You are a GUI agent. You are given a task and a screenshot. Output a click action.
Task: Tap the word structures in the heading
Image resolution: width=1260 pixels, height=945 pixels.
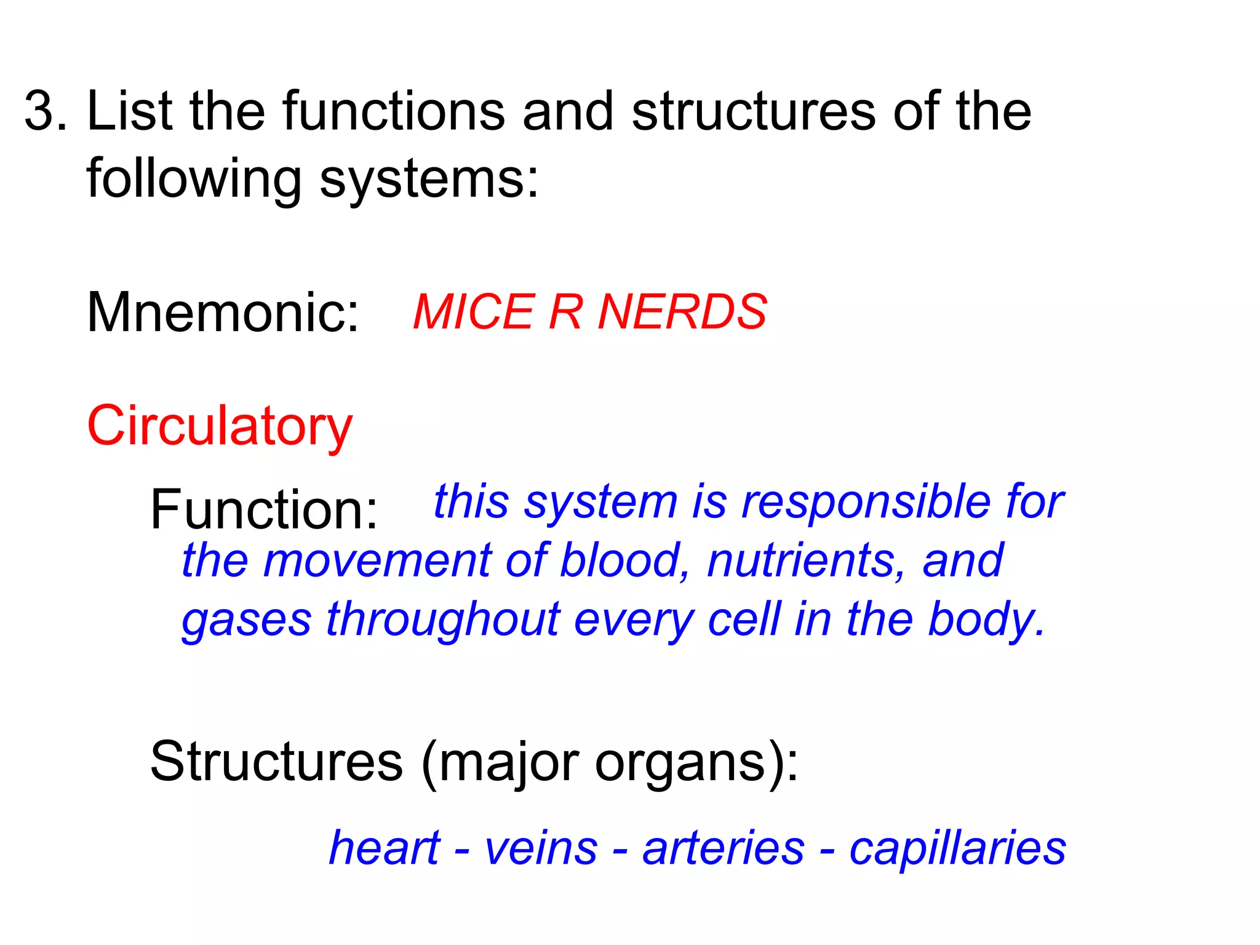point(753,111)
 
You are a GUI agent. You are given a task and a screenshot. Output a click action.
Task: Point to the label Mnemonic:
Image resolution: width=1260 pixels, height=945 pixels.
point(223,313)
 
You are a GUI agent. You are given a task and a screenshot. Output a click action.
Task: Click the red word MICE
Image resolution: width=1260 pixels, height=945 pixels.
point(473,312)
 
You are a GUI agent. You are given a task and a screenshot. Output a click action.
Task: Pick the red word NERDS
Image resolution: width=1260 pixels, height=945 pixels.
point(682,312)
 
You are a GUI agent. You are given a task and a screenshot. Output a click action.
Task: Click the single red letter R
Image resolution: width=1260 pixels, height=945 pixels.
point(565,312)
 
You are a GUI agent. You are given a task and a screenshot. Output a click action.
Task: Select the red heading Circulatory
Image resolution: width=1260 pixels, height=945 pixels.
point(220,426)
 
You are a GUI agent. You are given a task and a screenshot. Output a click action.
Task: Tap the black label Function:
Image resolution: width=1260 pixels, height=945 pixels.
point(264,509)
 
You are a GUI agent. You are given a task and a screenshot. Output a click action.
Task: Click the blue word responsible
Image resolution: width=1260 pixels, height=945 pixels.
point(866,501)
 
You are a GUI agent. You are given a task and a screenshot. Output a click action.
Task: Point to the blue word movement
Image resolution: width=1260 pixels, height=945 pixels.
point(377,560)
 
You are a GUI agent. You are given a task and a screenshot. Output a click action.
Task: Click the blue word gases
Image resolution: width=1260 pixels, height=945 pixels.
point(247,620)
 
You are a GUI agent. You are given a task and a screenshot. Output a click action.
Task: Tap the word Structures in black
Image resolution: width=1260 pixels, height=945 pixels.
point(276,762)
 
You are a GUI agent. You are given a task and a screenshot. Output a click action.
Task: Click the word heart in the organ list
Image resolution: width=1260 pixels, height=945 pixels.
point(385,848)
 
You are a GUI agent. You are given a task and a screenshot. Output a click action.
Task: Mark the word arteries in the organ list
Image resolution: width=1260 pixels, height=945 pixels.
point(724,848)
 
